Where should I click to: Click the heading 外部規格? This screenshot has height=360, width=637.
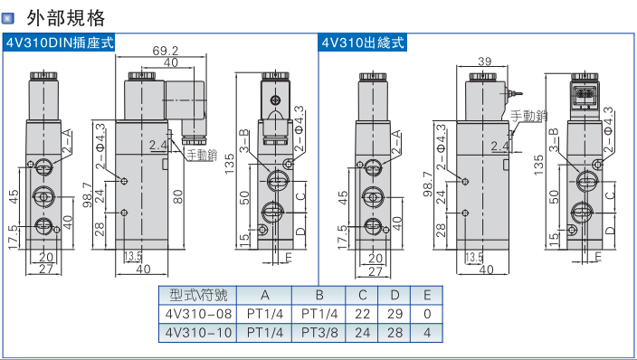66,18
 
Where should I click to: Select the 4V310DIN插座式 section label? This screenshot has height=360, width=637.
60,43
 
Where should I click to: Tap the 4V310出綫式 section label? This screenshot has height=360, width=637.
363,43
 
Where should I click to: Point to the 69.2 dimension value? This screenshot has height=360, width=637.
166,51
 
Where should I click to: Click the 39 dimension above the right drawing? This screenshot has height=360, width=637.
485,62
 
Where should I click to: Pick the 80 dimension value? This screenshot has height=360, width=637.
178,196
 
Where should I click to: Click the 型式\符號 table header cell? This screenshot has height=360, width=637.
198,295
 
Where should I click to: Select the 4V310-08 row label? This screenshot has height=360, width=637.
198,314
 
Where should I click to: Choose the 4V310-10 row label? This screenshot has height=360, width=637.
198,333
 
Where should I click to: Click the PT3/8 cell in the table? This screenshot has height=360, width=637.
319,333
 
